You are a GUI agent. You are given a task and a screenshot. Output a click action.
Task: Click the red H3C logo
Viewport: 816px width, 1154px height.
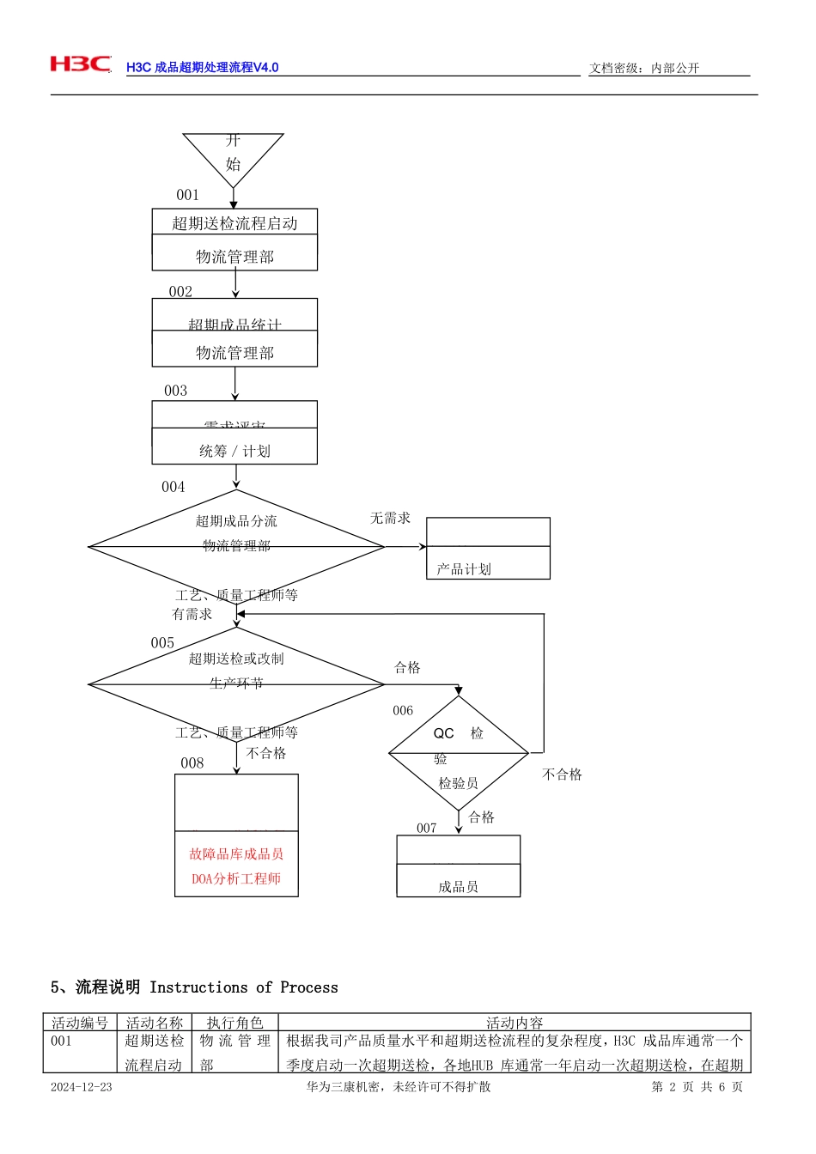click(80, 64)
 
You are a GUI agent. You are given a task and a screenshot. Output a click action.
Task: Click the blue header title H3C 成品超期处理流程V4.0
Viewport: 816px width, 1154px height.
click(202, 67)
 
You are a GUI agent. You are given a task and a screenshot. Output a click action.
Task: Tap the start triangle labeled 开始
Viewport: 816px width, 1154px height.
click(233, 155)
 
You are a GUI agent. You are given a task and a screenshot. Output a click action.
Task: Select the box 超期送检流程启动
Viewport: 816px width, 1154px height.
click(234, 223)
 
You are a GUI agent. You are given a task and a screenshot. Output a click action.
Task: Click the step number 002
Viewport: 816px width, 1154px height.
click(180, 292)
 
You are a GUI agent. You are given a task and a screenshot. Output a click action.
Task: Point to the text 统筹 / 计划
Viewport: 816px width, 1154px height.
click(234, 451)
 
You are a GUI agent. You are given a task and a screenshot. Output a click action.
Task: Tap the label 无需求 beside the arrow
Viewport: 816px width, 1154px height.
click(390, 518)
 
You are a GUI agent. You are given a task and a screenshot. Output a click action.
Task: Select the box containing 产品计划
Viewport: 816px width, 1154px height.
click(488, 549)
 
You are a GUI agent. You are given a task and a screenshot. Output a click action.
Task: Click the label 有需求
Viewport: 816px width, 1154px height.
click(192, 614)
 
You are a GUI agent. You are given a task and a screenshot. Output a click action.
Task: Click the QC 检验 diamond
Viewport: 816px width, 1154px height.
click(458, 752)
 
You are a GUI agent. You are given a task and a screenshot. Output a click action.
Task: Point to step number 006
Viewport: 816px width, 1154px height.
click(403, 710)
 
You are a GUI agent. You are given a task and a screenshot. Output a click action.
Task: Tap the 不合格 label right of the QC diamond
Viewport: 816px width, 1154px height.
click(562, 774)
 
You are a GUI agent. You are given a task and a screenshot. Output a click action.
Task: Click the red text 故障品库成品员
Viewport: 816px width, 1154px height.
click(236, 853)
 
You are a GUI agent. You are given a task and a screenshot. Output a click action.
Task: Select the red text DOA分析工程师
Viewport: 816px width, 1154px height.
click(236, 878)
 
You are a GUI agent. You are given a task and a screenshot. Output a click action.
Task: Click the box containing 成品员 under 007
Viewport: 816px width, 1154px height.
click(458, 867)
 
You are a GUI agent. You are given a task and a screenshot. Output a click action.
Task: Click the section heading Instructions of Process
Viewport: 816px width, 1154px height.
click(243, 987)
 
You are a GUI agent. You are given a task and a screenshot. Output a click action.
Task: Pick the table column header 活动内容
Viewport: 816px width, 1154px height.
click(515, 1023)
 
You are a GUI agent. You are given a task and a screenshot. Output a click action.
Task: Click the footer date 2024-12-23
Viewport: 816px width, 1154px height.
click(81, 1087)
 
